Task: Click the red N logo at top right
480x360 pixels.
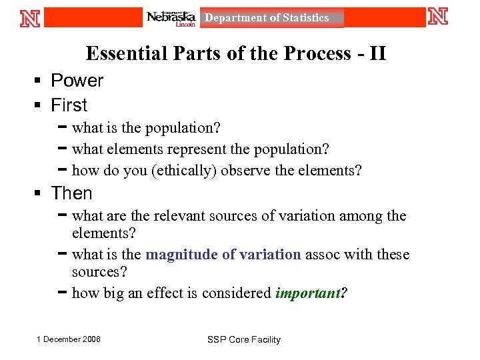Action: pos(438,16)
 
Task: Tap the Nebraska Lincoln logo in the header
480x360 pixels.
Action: pos(171,18)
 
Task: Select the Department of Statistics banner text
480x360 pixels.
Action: pos(267,18)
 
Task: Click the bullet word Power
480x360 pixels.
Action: pos(77,81)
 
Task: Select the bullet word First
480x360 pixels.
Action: pos(69,105)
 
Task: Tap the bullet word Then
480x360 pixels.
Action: pos(72,193)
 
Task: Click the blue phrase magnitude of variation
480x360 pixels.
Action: pos(223,255)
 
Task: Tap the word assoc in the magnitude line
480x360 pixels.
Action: pos(322,255)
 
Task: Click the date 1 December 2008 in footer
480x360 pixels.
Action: pos(69,339)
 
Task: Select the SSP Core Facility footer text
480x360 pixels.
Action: pos(244,340)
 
